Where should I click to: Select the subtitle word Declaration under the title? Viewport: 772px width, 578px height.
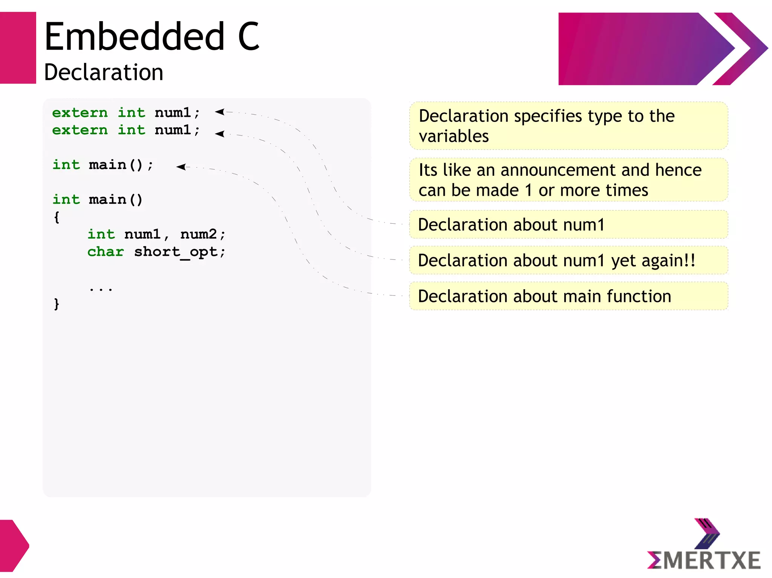pyautogui.click(x=104, y=72)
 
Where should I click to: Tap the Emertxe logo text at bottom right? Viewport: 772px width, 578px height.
pyautogui.click(x=704, y=560)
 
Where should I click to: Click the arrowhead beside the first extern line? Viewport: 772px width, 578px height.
pyautogui.click(x=220, y=111)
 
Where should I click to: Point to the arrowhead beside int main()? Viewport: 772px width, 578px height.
pyautogui.click(x=181, y=166)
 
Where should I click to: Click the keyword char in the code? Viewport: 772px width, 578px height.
pyautogui.click(x=106, y=252)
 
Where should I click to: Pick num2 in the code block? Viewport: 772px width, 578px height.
pyautogui.click(x=199, y=234)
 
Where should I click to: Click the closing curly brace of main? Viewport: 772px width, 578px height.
pyautogui.click(x=57, y=303)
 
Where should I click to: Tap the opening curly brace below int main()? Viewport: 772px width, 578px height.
pyautogui.click(x=57, y=217)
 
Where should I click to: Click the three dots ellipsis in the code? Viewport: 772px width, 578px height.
pyautogui.click(x=101, y=289)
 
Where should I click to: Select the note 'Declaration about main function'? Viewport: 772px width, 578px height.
pyautogui.click(x=544, y=296)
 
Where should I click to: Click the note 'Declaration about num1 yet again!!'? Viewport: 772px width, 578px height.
pyautogui.click(x=556, y=261)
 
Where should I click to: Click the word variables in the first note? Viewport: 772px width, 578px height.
pyautogui.click(x=453, y=136)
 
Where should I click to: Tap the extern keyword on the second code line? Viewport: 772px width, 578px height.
pyautogui.click(x=80, y=130)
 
